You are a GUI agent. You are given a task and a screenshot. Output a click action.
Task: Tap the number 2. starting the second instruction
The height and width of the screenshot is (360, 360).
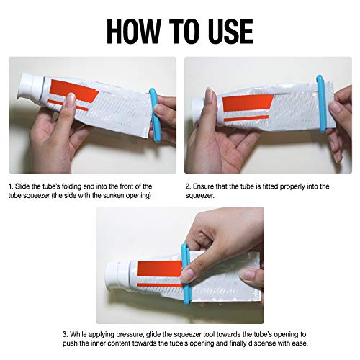[188, 186]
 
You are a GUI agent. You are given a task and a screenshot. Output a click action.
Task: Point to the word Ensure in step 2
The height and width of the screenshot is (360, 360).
[204, 186]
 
